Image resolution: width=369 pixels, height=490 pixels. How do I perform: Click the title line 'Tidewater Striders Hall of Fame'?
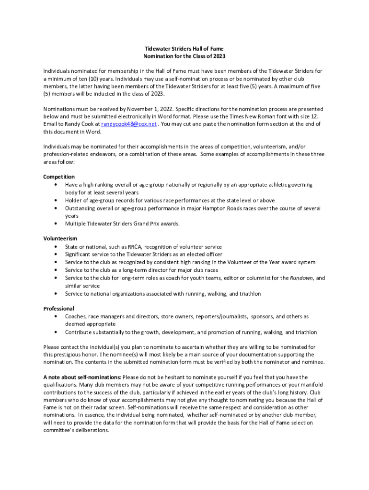click(184, 49)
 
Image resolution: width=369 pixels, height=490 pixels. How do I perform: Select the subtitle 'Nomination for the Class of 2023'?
click(184, 56)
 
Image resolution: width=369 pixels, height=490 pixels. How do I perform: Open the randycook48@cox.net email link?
click(129, 124)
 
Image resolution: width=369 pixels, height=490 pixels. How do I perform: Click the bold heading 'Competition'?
click(59, 177)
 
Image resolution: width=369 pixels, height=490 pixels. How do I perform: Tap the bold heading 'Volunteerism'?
click(60, 238)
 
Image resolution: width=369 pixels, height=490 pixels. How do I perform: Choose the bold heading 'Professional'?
click(59, 309)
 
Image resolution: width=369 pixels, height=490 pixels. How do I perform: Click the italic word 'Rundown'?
click(301, 278)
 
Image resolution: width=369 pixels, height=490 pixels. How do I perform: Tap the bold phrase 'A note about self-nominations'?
click(81, 378)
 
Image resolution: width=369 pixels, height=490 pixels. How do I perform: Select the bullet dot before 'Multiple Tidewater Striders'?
click(57, 223)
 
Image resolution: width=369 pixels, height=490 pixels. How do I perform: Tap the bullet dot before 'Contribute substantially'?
click(57, 332)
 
